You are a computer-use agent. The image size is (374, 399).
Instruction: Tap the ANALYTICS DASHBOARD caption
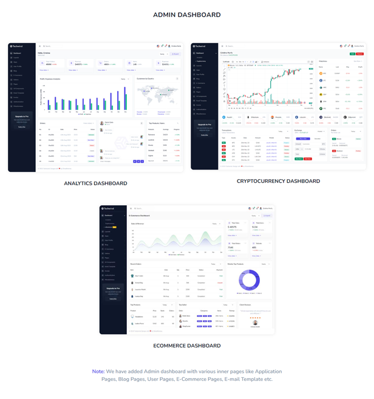95,183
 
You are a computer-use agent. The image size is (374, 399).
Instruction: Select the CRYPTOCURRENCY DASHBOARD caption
279,181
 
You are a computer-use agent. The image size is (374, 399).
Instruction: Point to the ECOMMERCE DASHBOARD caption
187,346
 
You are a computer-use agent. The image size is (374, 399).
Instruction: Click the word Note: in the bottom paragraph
98,371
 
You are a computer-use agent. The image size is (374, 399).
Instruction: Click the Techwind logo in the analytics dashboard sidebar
16,46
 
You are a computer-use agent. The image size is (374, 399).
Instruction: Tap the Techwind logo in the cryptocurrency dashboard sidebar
202,46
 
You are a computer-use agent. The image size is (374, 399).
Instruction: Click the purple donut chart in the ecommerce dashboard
248,280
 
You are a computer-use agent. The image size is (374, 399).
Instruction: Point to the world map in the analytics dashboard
157,94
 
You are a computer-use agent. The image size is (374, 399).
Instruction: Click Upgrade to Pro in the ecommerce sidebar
113,288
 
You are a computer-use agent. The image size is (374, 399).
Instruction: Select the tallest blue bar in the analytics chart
124,97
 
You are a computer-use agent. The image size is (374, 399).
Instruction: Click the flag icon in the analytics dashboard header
158,46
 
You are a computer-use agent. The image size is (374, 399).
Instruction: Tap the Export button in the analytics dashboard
175,54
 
